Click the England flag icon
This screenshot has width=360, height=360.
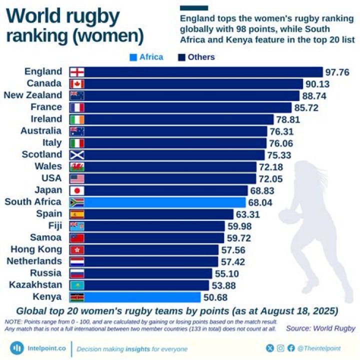click(77, 71)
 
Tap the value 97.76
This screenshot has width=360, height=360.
click(337, 72)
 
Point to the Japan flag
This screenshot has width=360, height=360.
click(77, 190)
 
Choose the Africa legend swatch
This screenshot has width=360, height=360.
click(133, 57)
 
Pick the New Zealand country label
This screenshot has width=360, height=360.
click(33, 95)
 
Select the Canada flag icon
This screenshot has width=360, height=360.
click(77, 83)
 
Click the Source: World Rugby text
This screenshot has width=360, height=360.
click(320, 328)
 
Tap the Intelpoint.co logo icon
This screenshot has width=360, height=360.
click(17, 348)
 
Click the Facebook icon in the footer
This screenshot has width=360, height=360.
click(291, 348)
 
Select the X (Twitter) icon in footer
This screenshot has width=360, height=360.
click(270, 348)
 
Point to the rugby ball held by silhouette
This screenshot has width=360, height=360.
click(289, 216)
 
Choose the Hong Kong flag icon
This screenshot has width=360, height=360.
click(77, 249)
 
